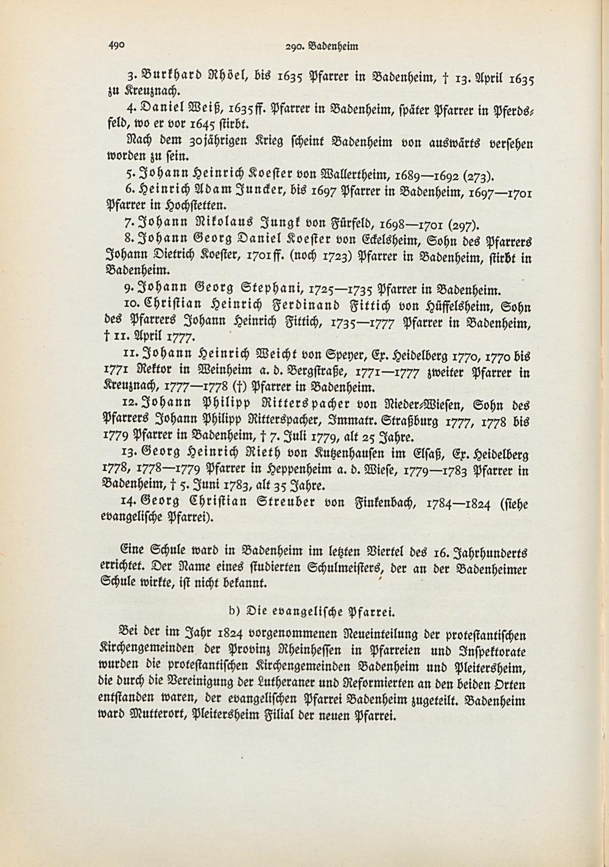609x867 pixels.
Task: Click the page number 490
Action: (x=116, y=44)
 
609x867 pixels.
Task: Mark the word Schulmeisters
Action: (x=343, y=569)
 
